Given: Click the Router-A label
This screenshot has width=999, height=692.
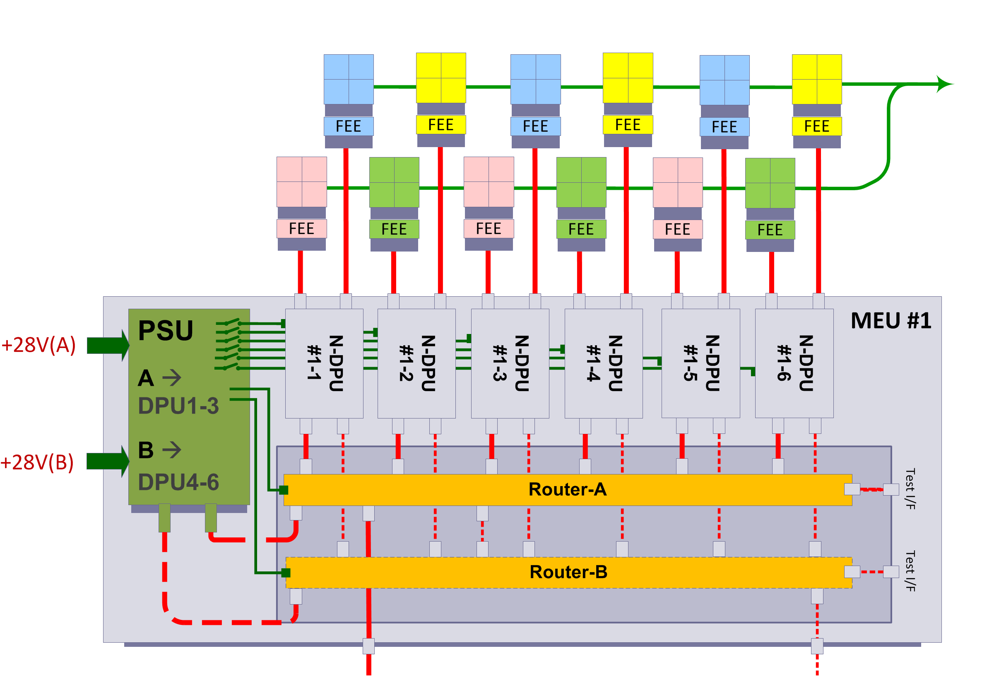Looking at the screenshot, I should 567,489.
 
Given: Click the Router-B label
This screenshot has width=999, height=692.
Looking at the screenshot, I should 568,572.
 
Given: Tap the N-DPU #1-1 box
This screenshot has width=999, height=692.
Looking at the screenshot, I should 324,363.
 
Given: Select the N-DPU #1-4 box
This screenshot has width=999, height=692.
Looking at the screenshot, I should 604,363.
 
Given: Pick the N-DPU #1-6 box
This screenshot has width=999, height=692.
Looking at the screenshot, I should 794,363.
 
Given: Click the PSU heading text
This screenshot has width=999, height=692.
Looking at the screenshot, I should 166,330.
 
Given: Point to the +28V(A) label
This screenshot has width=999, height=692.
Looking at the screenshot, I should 39,345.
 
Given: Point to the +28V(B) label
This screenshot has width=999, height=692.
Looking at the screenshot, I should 37,462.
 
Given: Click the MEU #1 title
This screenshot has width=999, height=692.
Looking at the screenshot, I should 891,321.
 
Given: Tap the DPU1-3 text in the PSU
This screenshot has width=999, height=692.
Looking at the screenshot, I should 178,406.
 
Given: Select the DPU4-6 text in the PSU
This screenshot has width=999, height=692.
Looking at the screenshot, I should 178,482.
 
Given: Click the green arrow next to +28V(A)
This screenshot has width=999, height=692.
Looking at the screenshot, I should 108,345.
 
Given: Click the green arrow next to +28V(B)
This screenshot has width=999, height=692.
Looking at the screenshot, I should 108,461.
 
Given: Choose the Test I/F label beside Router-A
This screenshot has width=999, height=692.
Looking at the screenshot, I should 910,489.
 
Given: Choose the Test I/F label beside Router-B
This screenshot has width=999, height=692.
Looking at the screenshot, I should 910,571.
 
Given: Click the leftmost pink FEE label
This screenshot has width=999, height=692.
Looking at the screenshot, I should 301,228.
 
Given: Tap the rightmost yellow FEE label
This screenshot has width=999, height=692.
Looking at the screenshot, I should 816,126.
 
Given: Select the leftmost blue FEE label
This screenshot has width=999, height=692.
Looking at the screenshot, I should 348,126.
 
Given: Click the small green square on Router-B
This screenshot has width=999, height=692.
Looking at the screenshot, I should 286,573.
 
